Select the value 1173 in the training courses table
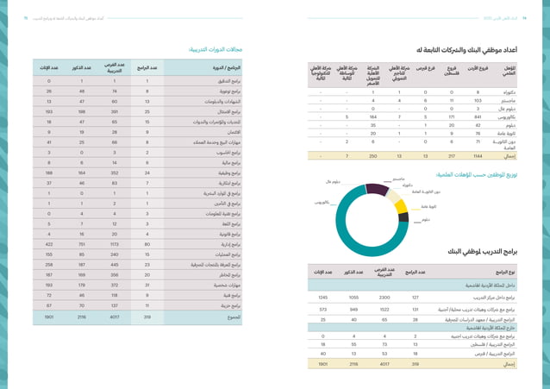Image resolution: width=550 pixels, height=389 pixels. pos(110,243)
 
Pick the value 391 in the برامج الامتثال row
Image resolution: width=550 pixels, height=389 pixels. pos(110,110)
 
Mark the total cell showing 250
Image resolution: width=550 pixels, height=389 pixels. pos(373,155)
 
